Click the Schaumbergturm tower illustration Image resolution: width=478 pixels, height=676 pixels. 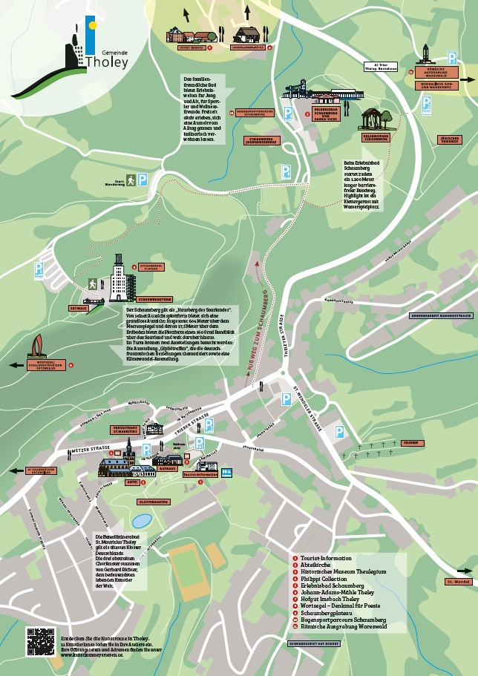click(x=119, y=278)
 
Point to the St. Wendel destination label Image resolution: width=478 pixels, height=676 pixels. click(x=459, y=582)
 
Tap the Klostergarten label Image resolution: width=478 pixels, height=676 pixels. click(x=155, y=502)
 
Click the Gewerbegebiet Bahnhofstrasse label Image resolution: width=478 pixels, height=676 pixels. click(x=441, y=315)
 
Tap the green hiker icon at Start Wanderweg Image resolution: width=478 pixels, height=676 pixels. click(x=130, y=180)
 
